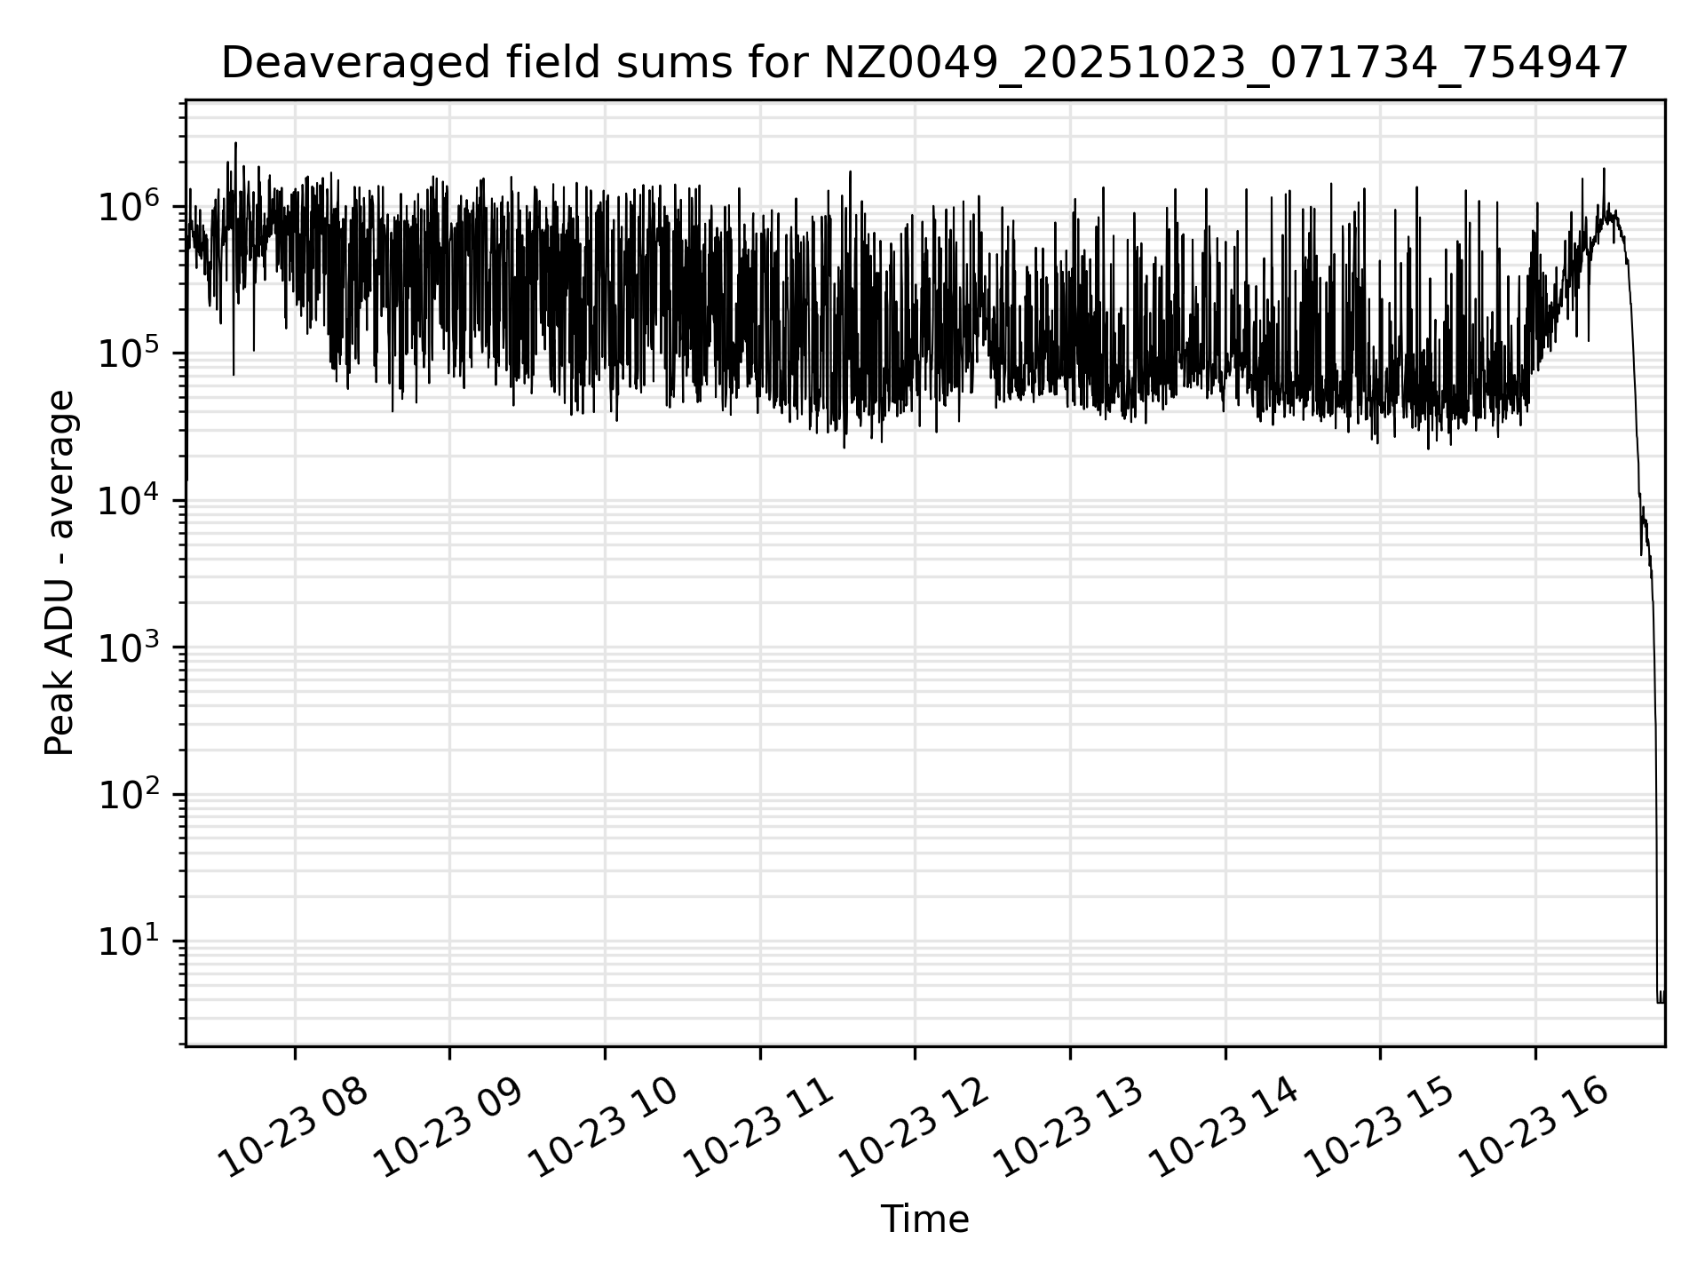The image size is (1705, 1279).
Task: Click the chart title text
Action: [x=924, y=64]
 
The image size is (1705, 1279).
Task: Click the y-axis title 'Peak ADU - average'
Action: [x=59, y=573]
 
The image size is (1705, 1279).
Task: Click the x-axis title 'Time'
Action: [x=924, y=1219]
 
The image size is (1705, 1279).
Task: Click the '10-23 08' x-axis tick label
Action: [x=294, y=1127]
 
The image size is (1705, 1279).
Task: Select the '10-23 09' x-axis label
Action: [x=448, y=1127]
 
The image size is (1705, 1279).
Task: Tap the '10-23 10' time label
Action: [x=604, y=1127]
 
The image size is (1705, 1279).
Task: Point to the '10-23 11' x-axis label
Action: [x=759, y=1127]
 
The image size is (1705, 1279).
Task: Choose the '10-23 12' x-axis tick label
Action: [x=914, y=1127]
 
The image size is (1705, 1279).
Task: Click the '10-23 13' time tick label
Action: [x=1069, y=1127]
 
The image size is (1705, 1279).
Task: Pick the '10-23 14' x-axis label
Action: [x=1225, y=1127]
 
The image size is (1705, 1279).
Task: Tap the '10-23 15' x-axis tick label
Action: [x=1379, y=1127]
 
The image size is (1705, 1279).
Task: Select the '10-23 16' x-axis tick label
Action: [x=1534, y=1127]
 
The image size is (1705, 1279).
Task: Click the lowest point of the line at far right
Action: [x=1660, y=1002]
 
